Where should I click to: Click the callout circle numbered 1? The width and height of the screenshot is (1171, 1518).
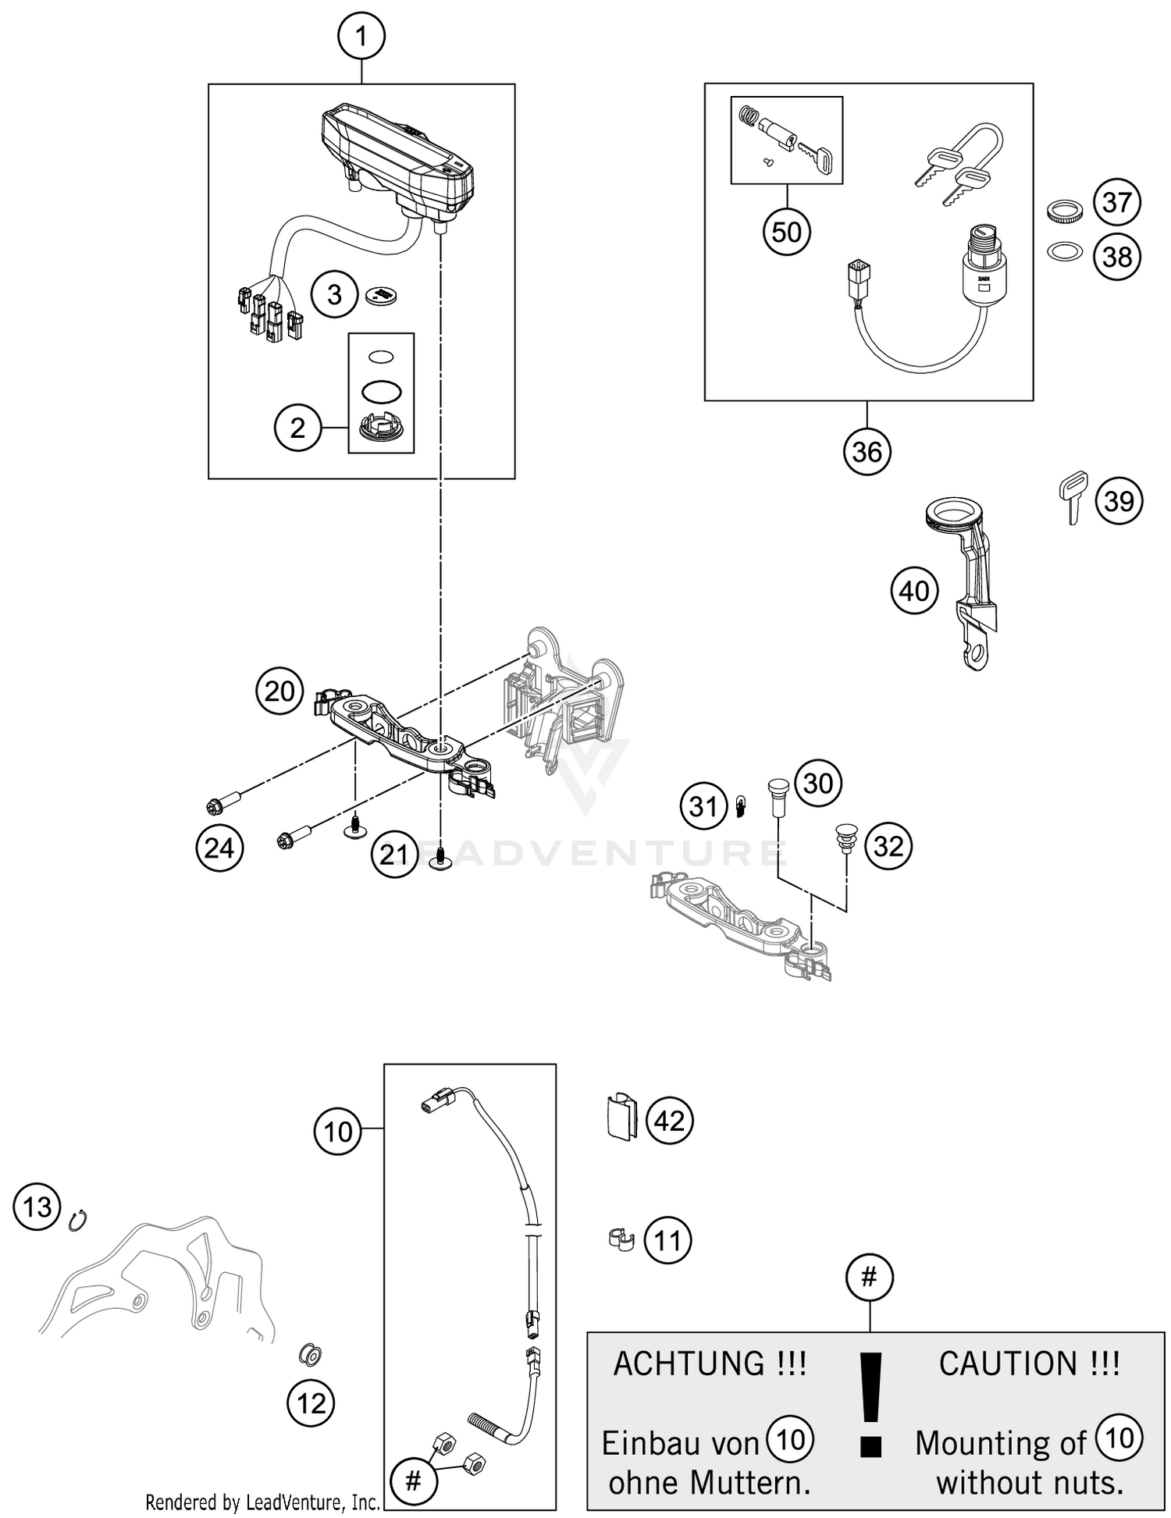[361, 36]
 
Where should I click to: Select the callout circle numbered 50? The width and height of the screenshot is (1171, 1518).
[786, 232]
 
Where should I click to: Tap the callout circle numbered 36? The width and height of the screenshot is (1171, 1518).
[867, 451]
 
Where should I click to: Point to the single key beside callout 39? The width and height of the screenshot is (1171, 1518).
[1074, 497]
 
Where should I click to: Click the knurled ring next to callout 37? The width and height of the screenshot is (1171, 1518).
[1062, 212]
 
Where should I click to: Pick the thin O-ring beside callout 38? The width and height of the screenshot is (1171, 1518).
[1063, 252]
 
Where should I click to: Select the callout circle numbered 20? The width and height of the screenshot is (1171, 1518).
[279, 691]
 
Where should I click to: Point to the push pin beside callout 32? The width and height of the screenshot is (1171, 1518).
[845, 839]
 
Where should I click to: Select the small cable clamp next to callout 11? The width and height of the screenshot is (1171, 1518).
[621, 1239]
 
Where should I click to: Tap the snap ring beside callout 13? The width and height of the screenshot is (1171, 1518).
[78, 1219]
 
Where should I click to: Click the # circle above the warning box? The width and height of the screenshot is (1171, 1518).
[869, 1278]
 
